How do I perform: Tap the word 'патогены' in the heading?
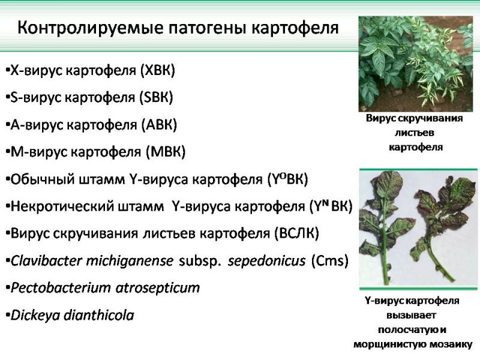[x=207, y=28]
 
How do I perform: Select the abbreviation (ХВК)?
[x=158, y=70]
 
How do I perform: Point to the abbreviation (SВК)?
[x=156, y=97]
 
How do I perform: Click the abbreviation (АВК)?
[x=159, y=125]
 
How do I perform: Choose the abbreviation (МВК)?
[x=166, y=152]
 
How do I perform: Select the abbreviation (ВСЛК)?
[x=296, y=233]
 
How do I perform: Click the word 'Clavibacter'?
[x=47, y=261]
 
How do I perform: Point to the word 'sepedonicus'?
[x=266, y=261]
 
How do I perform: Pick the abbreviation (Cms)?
[x=329, y=261]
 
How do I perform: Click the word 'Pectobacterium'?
[x=61, y=288]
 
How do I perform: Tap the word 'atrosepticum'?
[x=158, y=289]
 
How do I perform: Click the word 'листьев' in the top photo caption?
[x=414, y=133]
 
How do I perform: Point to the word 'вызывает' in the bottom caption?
[x=411, y=315]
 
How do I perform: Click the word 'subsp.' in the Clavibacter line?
[x=200, y=261]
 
